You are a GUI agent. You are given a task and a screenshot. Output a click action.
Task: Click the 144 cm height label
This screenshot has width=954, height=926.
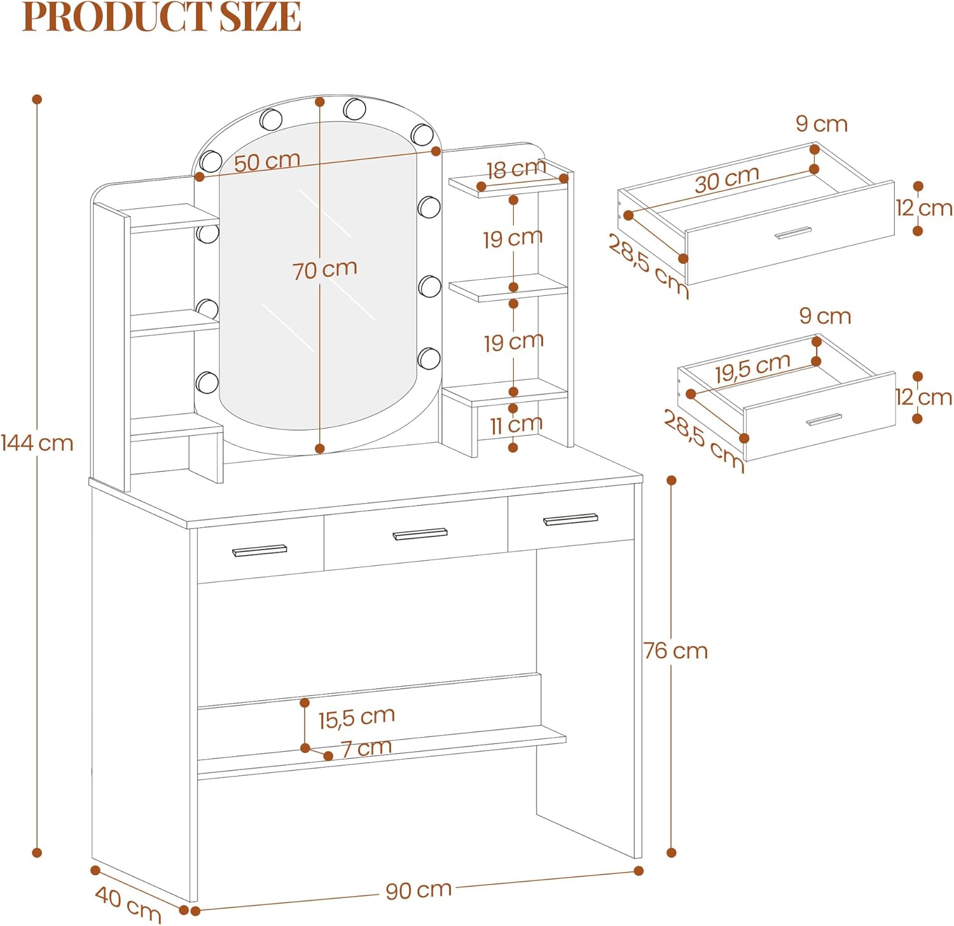37,443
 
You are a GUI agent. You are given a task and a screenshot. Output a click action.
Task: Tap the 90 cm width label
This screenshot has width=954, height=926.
418,890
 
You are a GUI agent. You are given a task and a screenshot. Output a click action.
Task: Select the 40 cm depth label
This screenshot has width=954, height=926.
128,904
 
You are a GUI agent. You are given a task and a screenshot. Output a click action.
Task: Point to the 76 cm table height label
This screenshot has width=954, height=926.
675,651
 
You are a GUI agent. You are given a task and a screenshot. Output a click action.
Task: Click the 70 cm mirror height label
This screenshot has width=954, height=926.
325,270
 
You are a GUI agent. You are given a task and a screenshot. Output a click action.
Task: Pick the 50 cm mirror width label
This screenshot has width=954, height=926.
267,162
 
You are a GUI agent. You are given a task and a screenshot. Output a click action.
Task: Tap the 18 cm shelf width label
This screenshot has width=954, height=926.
516,169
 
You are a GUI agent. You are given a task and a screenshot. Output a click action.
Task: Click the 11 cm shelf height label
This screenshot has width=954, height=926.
516,424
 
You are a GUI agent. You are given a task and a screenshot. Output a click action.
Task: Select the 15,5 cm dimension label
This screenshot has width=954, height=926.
357,718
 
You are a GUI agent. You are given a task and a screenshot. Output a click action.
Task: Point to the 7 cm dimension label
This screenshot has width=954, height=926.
366,748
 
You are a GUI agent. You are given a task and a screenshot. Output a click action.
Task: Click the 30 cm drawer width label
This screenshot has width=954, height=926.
727,179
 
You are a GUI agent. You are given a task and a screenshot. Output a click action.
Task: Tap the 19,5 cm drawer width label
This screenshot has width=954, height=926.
752,368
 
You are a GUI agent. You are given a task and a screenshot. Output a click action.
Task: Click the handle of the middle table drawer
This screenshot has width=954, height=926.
420,534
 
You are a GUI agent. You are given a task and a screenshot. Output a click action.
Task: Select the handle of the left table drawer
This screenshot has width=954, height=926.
259,550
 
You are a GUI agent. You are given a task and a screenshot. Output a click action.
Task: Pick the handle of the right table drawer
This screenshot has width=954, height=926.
570,520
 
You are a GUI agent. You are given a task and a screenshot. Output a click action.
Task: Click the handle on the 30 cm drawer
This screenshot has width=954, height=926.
793,233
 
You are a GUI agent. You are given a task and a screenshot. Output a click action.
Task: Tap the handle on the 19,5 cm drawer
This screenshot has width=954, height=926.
824,420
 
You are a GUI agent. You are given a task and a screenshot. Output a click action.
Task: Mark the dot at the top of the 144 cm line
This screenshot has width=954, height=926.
37,99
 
